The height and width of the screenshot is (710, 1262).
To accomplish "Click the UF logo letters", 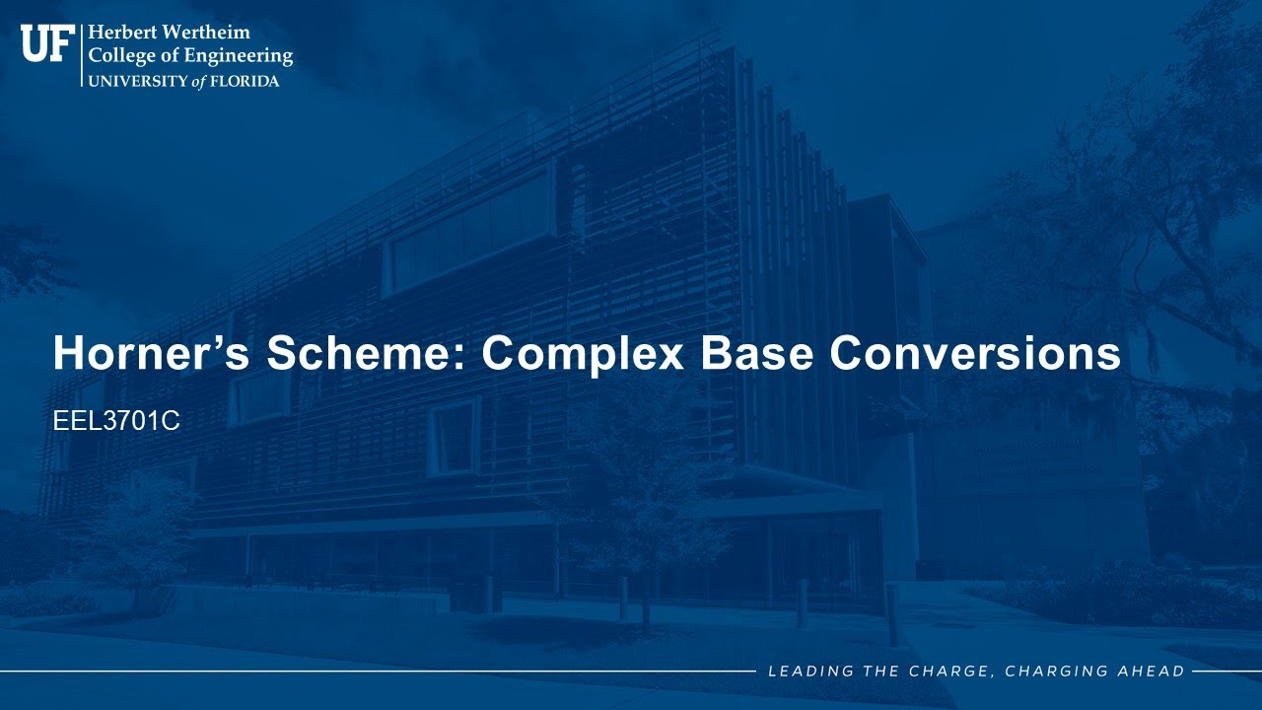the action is (x=48, y=42).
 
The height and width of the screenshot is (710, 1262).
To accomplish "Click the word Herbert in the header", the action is (x=120, y=33).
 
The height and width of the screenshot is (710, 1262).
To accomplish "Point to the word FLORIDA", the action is (x=245, y=82).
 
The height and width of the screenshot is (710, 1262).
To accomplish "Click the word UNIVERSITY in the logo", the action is (x=138, y=82).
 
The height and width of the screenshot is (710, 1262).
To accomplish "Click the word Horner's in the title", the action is (x=151, y=353).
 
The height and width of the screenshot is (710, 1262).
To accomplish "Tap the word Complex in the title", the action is (x=583, y=356).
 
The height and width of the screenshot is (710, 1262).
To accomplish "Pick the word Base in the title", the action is (x=756, y=353).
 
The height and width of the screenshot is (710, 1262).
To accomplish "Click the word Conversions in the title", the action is (x=975, y=353).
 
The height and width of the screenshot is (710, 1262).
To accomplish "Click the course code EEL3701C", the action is (x=116, y=421).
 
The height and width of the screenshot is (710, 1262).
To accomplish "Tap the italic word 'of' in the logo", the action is (x=199, y=82).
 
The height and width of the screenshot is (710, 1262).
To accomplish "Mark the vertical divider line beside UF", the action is (x=82, y=55).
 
